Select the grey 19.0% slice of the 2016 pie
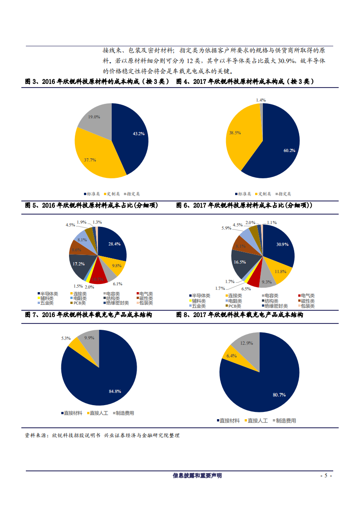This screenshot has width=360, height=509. pos(94,117)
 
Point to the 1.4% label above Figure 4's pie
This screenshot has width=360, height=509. pos(261,100)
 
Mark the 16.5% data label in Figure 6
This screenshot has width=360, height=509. pos(240,262)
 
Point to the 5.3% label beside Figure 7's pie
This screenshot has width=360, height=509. pos(66,338)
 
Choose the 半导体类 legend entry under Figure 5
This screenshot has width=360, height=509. pos(49,294)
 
